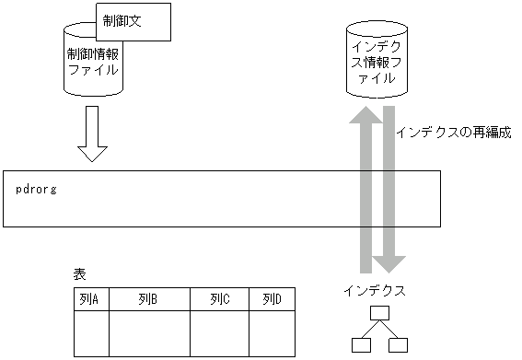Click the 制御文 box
pos(133,20)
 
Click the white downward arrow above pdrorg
pos(92,134)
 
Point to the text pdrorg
pos(37,188)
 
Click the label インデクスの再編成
pos(453,133)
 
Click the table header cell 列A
pos(91,299)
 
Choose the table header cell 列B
pos(149,299)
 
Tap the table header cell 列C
pos(219,299)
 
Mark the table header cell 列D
pos(272,299)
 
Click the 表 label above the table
pos(79,275)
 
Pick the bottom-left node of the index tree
pos(361,345)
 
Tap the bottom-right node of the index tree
pos(398,345)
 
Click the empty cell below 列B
pos(149,333)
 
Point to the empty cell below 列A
pos(91,333)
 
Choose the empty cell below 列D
pos(272,333)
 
